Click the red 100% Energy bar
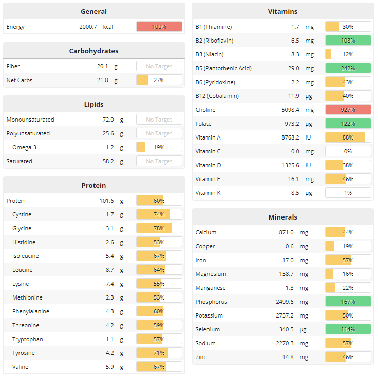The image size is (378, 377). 159,27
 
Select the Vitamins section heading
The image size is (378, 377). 282,11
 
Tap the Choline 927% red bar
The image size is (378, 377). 348,110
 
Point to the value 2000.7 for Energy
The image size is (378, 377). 88,27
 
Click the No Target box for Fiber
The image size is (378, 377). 159,66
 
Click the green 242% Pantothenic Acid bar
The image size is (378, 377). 348,68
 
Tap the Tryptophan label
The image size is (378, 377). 28,339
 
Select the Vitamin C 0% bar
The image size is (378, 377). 348,151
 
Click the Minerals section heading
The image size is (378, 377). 282,217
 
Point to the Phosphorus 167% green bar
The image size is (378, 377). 348,302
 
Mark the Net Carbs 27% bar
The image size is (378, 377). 159,80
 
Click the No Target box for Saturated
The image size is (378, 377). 159,161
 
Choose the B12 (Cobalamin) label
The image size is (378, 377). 217,96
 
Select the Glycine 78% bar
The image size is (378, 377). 159,228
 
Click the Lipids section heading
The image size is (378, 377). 93,104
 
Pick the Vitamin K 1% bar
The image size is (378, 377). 348,193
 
